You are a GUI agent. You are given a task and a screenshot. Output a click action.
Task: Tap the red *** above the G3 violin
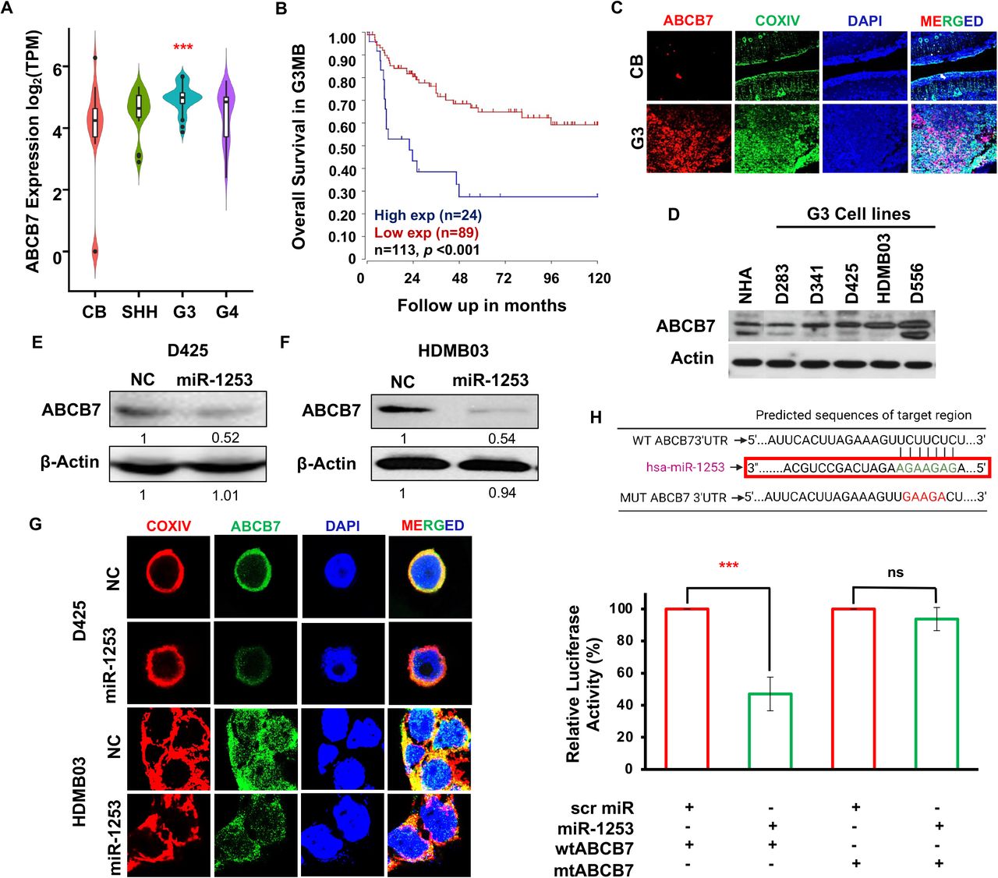pyautogui.click(x=182, y=48)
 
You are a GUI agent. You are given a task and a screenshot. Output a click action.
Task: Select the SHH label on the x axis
pyautogui.click(x=138, y=312)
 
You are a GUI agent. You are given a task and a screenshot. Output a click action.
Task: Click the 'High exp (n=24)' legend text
pyautogui.click(x=427, y=215)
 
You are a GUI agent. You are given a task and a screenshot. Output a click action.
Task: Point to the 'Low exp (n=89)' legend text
pyautogui.click(x=426, y=232)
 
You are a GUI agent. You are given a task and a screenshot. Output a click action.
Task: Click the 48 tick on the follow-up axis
pyautogui.click(x=459, y=278)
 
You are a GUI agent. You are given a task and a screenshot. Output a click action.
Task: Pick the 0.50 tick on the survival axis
pyautogui.click(x=342, y=148)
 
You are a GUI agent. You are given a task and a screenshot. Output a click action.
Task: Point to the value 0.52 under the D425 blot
pyautogui.click(x=225, y=437)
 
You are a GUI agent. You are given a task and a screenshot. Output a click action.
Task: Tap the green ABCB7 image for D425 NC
pyautogui.click(x=254, y=578)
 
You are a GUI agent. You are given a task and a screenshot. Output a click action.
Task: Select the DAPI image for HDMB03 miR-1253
pyautogui.click(x=343, y=834)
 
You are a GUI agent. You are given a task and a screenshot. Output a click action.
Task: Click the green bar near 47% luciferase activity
pyautogui.click(x=770, y=731)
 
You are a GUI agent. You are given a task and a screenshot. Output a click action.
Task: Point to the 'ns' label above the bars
pyautogui.click(x=895, y=572)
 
